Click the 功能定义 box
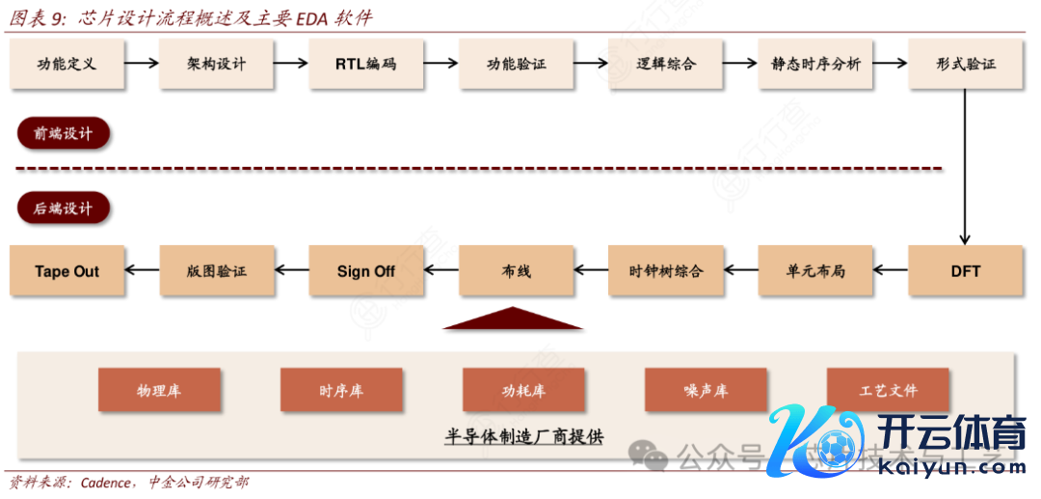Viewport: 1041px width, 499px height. click(67, 65)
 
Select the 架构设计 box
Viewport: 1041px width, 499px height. click(217, 65)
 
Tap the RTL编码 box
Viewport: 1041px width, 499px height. click(366, 65)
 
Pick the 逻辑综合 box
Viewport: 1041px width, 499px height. click(666, 65)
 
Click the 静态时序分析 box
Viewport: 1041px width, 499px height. click(815, 65)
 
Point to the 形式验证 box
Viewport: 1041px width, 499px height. click(965, 65)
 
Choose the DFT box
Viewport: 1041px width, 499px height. click(965, 271)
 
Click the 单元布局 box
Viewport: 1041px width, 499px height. click(815, 271)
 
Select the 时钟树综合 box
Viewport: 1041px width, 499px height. click(666, 271)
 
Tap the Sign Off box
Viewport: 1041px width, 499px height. click(366, 271)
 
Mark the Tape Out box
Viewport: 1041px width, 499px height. click(67, 271)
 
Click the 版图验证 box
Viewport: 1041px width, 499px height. click(217, 271)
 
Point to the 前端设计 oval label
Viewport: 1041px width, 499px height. click(64, 134)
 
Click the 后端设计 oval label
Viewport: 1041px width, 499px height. click(64, 208)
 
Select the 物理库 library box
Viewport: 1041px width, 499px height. click(159, 391)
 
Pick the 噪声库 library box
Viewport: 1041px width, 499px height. click(706, 391)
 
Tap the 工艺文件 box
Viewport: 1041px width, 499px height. click(888, 391)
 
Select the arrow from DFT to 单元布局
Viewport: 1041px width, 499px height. click(891, 271)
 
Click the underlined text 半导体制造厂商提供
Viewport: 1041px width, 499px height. click(523, 436)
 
